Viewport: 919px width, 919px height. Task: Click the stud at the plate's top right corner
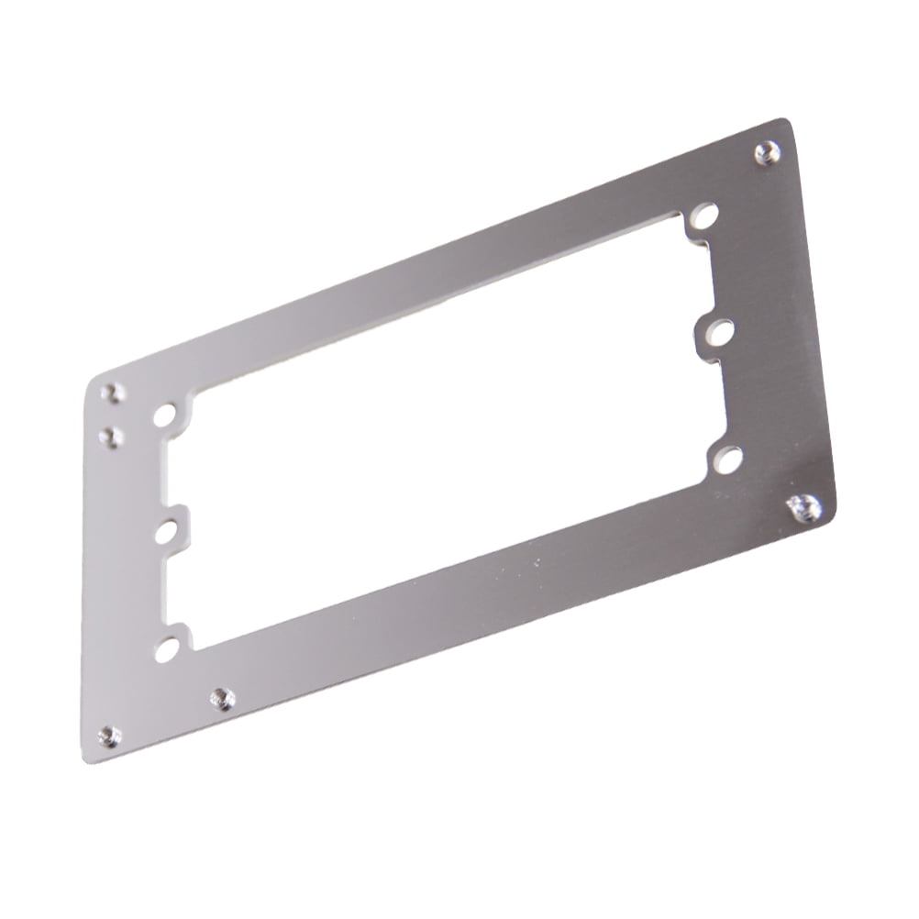coord(767,153)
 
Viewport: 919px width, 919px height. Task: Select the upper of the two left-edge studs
coord(114,393)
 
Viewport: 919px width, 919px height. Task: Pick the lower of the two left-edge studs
coord(113,435)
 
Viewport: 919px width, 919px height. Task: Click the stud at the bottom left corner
coord(109,736)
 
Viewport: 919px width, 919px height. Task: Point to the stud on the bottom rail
coord(221,700)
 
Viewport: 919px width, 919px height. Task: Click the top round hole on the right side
coord(704,217)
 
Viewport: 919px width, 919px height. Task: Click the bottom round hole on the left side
coord(167,649)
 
